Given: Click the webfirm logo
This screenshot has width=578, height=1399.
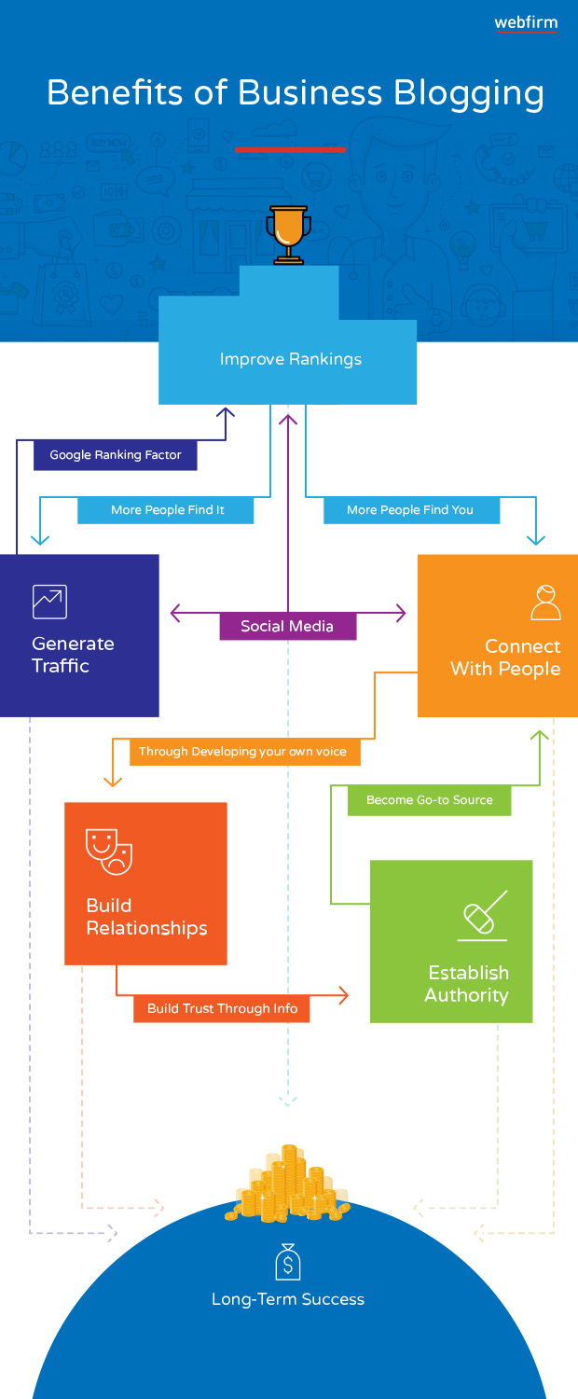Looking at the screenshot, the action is point(526,23).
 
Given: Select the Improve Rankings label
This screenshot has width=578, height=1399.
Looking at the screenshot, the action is point(291,359).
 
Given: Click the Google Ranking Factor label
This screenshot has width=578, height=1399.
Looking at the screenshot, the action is point(116,455).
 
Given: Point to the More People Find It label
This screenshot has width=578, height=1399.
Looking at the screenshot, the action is point(166,509).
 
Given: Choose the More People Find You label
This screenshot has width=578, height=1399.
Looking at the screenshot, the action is point(411,509).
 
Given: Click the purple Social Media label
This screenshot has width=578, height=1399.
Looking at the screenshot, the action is point(288,626).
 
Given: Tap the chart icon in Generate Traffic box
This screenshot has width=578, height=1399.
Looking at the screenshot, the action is point(49,602).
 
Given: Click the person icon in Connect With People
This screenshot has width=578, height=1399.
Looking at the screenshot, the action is point(545,603).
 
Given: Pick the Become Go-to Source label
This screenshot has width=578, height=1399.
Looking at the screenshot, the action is point(430,800).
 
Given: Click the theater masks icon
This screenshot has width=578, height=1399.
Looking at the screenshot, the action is point(109,852).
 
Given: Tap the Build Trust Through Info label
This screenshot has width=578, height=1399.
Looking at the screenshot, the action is point(222,1008).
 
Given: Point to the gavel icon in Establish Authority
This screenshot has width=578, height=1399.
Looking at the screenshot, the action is point(483,915).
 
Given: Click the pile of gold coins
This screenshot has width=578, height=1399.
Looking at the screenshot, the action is point(288,1184).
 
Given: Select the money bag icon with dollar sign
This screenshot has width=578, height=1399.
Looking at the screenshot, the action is point(288,1261).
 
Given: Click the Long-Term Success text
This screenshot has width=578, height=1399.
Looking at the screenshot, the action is point(288,1299).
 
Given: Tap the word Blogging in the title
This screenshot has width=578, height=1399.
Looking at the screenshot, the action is point(469,94).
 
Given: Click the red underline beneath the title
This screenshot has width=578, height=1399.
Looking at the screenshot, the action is point(290,150).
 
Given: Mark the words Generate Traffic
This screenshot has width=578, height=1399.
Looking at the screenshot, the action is point(73,655).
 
